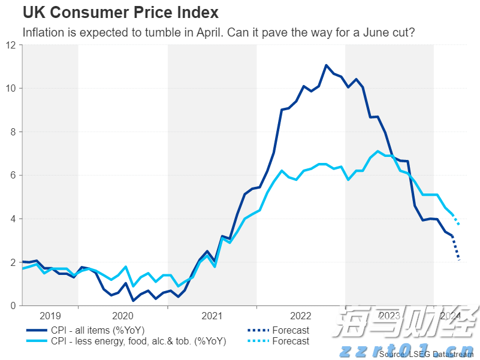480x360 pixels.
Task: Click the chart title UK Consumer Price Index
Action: coord(120,12)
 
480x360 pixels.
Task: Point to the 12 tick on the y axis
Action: coord(11,45)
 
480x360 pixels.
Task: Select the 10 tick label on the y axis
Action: coord(11,88)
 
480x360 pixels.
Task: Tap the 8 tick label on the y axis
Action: coord(14,132)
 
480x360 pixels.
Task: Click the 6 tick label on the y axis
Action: coord(14,175)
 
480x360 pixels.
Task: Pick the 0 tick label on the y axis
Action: coord(14,305)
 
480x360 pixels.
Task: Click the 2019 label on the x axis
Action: coord(50,316)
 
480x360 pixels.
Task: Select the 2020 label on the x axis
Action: coord(123,316)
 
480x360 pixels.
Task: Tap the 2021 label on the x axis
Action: coord(212,316)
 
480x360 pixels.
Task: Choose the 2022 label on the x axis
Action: coord(301,316)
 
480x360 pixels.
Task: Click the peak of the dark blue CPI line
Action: coord(326,65)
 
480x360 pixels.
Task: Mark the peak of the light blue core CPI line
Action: coord(378,151)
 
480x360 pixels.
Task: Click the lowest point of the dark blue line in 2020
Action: coord(133,300)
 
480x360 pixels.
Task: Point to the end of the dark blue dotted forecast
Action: coord(459,261)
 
